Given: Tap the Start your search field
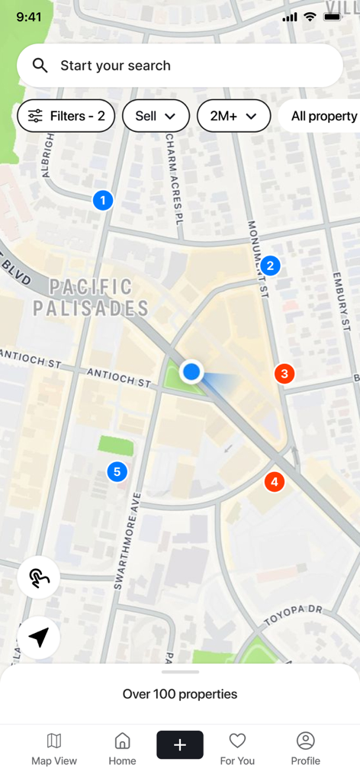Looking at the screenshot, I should tap(179, 66).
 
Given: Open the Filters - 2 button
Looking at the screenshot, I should tap(66, 116).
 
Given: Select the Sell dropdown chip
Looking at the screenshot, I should tap(156, 116).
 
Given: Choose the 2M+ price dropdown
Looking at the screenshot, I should tap(234, 116).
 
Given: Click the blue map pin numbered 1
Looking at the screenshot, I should tap(103, 201).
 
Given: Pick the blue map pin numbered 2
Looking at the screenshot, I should tap(270, 265).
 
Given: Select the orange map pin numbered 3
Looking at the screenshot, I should tap(284, 374).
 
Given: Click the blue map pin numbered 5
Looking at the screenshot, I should tap(117, 472).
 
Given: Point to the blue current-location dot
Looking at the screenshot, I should tap(191, 372).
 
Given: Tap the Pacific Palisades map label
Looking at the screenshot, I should tap(91, 297).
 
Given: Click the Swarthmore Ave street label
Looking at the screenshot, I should tap(128, 542).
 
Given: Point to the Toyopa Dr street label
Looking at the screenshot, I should tap(294, 615).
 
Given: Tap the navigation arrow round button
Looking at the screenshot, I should tap(39, 638).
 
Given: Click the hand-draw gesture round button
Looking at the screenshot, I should tap(39, 578).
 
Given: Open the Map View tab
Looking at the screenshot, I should tap(54, 749).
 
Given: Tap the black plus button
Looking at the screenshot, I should tap(180, 745).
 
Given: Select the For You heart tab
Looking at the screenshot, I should tap(237, 749).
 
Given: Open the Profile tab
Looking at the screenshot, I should tap(305, 749).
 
